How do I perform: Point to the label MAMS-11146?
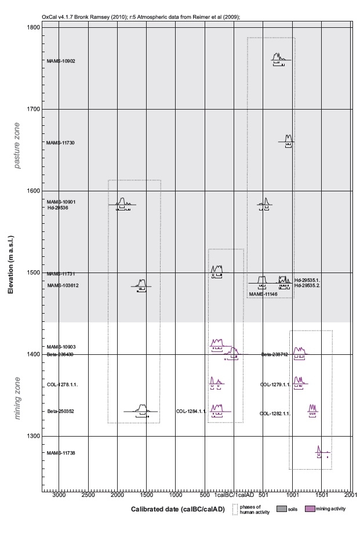[x=263, y=295]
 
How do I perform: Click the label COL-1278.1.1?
[x=61, y=384]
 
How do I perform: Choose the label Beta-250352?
[x=60, y=412]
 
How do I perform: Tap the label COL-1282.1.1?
[x=275, y=413]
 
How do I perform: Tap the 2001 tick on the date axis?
[x=350, y=496]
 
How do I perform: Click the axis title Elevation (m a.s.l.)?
[x=11, y=260]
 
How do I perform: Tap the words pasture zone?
[x=18, y=146]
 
